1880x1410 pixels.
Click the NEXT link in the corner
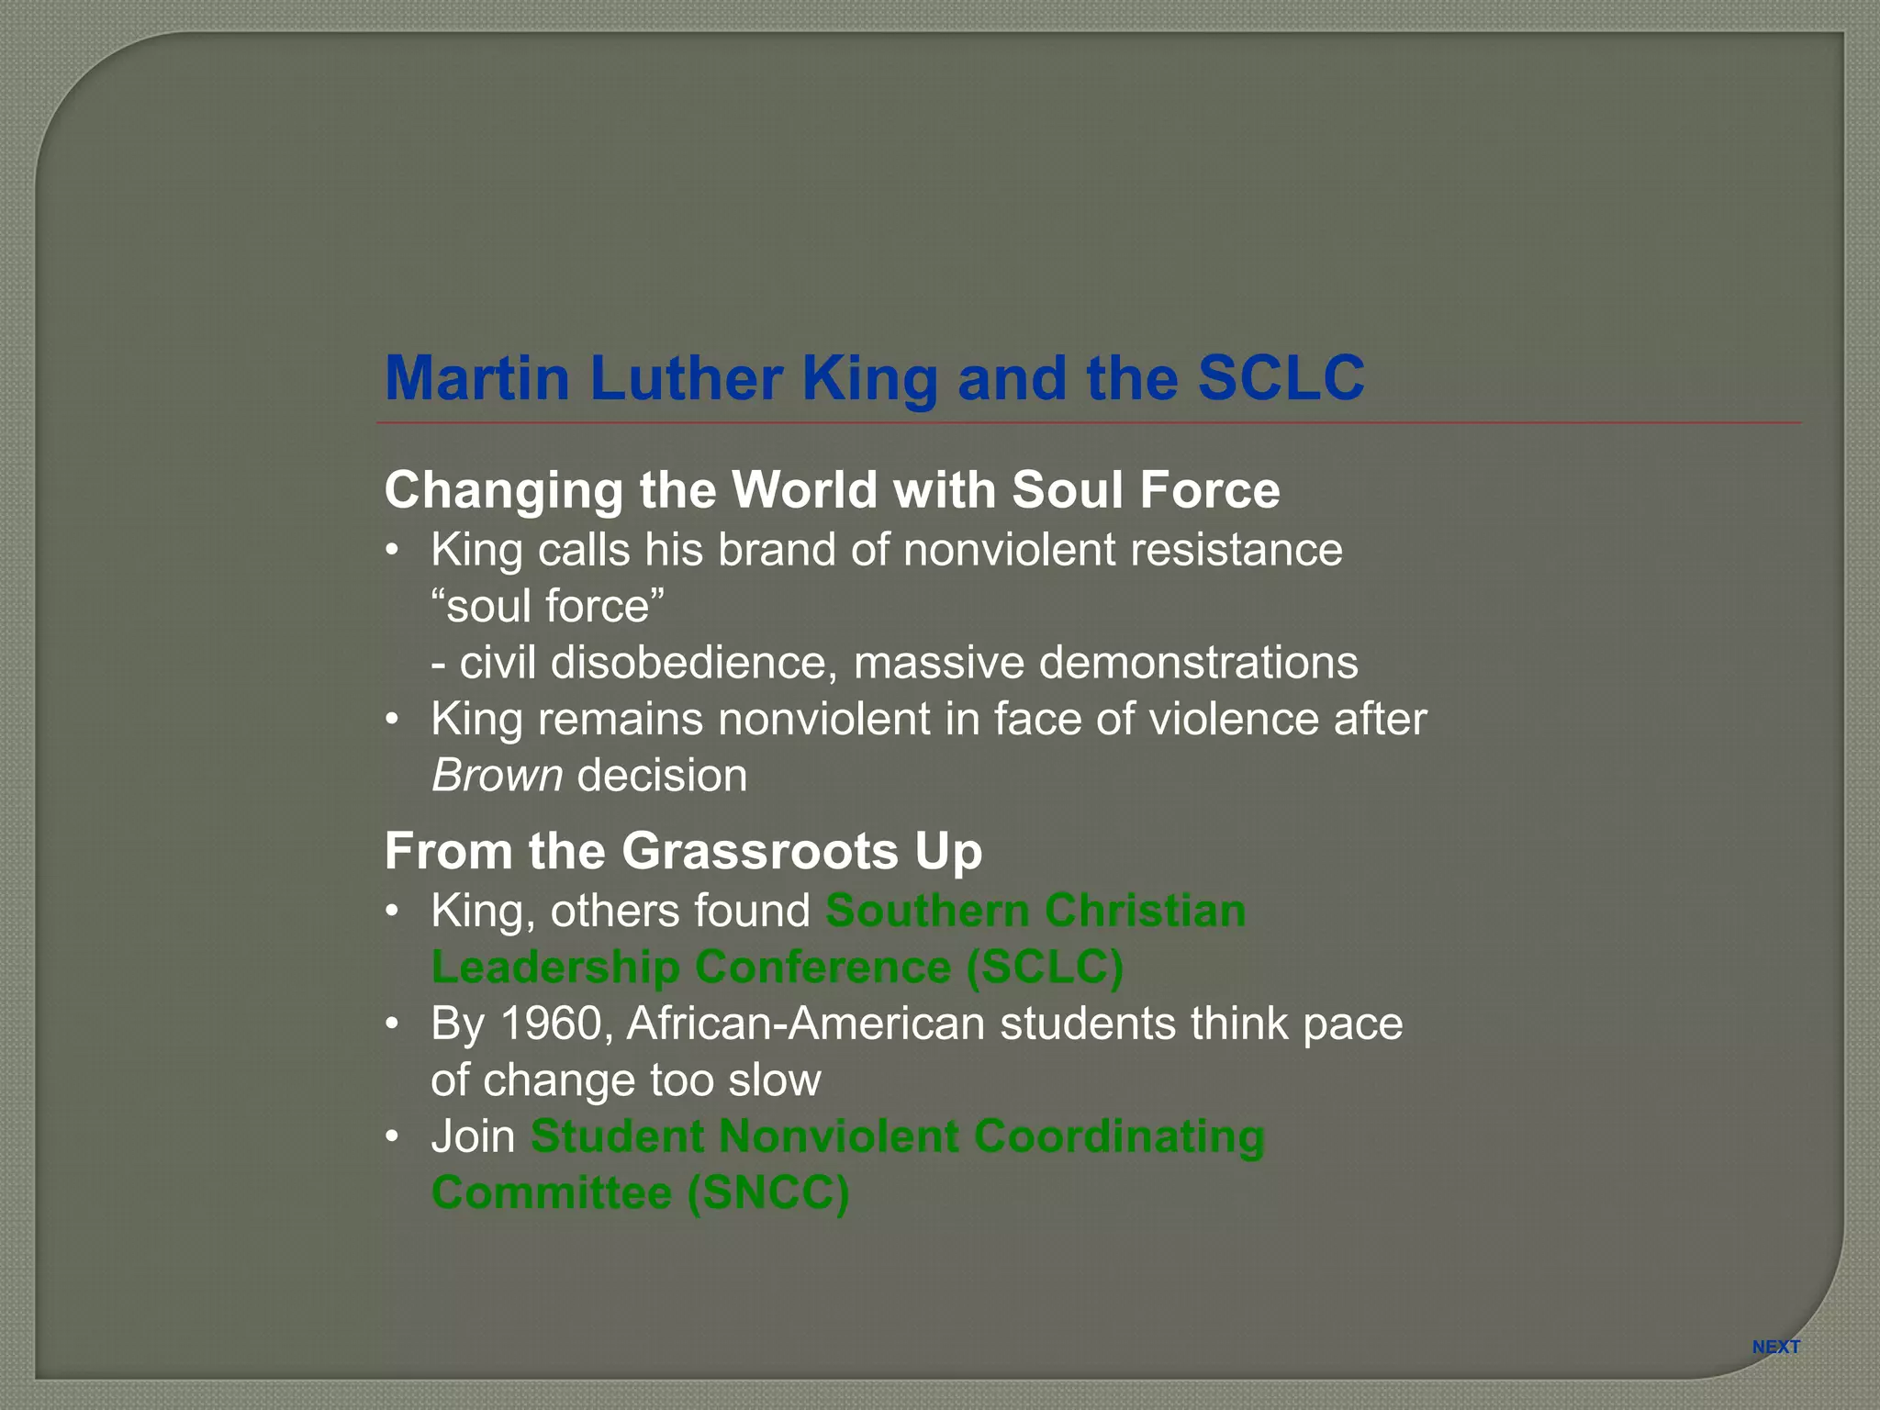click(1775, 1347)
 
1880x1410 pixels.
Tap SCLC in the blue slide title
click(1281, 378)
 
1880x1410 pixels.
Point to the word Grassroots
click(760, 851)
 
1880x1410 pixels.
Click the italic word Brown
click(497, 776)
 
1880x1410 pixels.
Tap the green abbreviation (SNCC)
click(768, 1192)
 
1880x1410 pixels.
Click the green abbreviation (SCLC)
click(1045, 968)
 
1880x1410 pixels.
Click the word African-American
click(805, 1024)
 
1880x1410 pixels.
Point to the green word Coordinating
click(1118, 1136)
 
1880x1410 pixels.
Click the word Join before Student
click(473, 1136)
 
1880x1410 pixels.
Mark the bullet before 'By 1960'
click(393, 1024)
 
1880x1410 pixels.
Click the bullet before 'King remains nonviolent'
click(393, 719)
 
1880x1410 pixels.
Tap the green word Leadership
click(555, 968)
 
